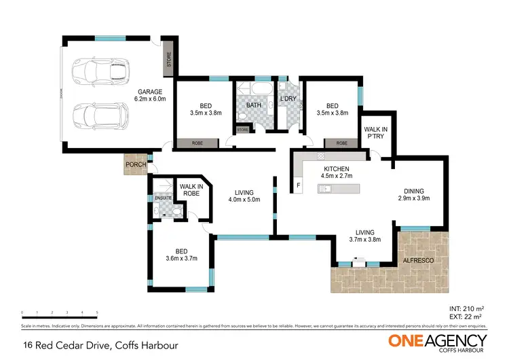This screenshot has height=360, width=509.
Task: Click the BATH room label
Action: coord(254,106)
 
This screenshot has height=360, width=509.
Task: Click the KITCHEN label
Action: coord(336,168)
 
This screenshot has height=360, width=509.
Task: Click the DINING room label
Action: coord(414,192)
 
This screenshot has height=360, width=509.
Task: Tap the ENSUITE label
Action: coord(162,198)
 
